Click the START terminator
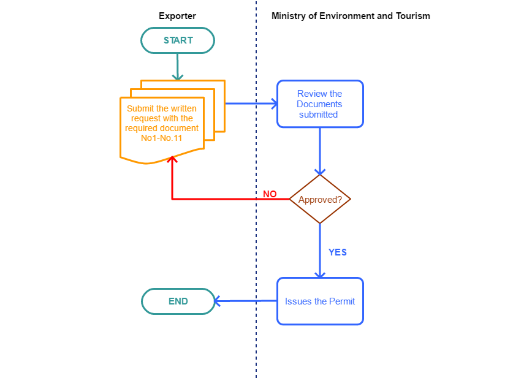(178, 40)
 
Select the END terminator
(178, 301)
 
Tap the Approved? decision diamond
(319, 199)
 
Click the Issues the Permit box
(320, 301)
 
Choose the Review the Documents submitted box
(320, 104)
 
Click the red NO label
(270, 194)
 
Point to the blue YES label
(338, 252)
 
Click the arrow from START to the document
(178, 66)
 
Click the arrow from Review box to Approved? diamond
(319, 151)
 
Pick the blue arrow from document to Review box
(251, 104)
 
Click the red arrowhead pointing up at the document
(172, 160)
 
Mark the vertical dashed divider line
(256, 343)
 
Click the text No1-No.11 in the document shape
(162, 138)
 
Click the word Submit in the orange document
(139, 108)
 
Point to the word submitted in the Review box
(319, 115)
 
